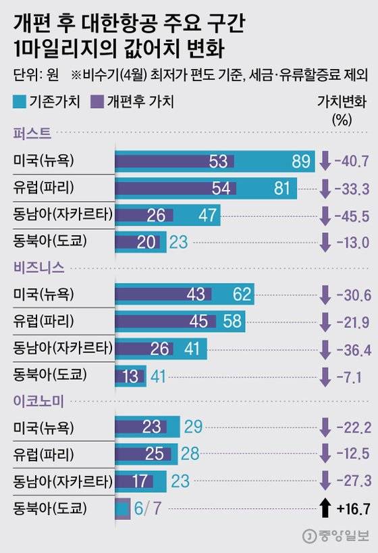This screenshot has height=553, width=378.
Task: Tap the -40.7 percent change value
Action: pyautogui.click(x=352, y=162)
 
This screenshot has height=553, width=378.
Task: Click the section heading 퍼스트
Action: pyautogui.click(x=32, y=134)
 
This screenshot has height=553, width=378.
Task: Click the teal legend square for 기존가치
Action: pyautogui.click(x=20, y=101)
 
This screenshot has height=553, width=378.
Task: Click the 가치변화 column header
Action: pyautogui.click(x=342, y=101)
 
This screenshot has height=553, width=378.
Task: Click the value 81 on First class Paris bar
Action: pyautogui.click(x=281, y=189)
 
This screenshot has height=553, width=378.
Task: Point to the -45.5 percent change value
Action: pyautogui.click(x=352, y=216)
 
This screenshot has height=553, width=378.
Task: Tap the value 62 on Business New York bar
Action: pyautogui.click(x=240, y=295)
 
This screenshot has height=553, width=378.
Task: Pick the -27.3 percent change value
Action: pyautogui.click(x=352, y=480)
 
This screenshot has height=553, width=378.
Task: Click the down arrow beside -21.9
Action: pyautogui.click(x=325, y=321)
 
